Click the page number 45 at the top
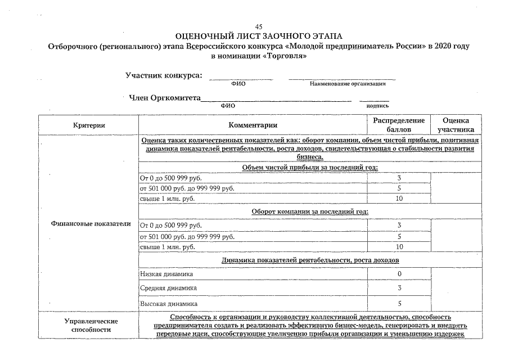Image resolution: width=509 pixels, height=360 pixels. pos(259,27)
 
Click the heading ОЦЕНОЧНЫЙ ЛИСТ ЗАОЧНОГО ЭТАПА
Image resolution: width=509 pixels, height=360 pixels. pos(259,36)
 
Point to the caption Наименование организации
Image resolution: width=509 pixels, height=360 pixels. pos(347,84)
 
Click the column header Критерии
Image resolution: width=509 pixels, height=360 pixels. pos(88,125)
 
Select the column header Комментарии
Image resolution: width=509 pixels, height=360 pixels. pos(253,125)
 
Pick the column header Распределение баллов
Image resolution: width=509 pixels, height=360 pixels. pos(399,125)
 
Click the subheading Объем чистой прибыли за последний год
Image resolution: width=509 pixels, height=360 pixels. pos(309,167)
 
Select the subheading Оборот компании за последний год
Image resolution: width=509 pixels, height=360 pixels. pos(309,211)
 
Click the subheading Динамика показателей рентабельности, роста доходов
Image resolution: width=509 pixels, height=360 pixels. pos(310,260)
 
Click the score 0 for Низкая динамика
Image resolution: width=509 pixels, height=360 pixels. pos(399,274)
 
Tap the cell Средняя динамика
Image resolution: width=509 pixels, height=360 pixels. pos(168,288)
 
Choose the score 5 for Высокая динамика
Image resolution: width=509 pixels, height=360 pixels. pos(399,303)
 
